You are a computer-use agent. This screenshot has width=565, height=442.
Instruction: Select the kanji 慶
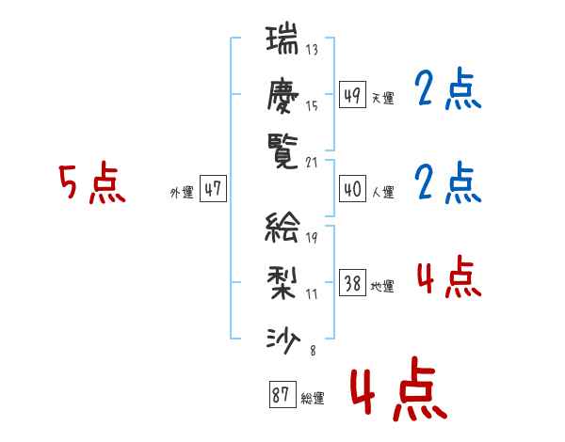(282, 94)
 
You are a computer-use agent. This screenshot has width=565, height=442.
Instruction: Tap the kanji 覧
(282, 148)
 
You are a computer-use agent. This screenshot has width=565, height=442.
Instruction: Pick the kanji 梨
(282, 280)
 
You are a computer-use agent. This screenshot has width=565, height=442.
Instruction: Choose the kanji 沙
(282, 334)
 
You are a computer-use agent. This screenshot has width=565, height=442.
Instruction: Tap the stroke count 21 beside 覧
(312, 162)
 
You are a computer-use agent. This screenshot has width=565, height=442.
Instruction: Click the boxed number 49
(351, 95)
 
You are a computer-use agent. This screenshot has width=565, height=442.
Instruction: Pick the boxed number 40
(351, 189)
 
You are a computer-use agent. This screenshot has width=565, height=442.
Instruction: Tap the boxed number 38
(352, 283)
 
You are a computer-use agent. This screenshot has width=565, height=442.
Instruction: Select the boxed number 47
(213, 189)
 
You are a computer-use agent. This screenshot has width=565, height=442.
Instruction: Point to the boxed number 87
(282, 396)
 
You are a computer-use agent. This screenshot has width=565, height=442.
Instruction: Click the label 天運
(382, 98)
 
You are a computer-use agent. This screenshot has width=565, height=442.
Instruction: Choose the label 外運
(182, 193)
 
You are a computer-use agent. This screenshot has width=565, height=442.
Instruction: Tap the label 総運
(313, 399)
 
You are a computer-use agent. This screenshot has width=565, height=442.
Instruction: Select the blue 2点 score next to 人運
(447, 183)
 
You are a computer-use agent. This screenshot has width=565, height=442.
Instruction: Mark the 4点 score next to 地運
(447, 278)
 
